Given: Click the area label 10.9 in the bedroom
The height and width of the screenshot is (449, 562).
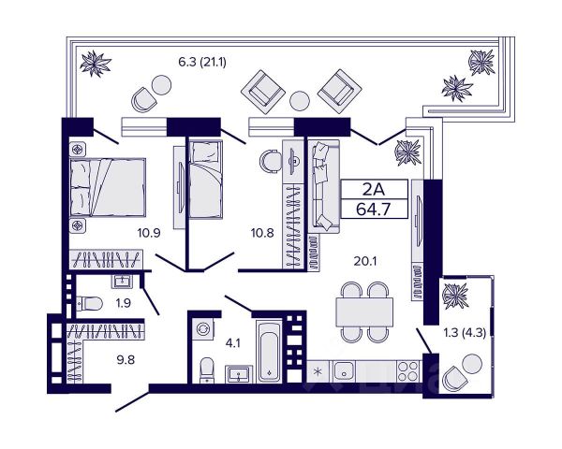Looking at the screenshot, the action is [149, 233].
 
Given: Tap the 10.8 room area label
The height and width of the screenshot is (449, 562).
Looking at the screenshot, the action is [262, 233].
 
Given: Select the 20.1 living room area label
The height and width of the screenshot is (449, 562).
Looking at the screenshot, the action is [365, 261].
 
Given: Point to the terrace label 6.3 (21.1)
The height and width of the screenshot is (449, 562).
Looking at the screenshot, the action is [202, 63].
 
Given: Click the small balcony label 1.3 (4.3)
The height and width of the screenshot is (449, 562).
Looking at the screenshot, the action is [465, 333].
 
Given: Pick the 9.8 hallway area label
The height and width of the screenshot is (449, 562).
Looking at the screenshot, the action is [126, 359].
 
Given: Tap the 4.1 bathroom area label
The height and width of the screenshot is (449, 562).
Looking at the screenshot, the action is [233, 343].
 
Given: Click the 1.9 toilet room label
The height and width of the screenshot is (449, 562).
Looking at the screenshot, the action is [123, 303].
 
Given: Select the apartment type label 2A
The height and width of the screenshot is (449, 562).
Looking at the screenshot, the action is [374, 189].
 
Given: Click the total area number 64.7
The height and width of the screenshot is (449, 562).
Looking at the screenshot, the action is [373, 210].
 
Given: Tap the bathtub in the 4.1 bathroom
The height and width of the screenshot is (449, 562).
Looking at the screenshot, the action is [269, 353].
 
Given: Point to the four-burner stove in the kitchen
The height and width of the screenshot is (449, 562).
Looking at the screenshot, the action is [408, 371].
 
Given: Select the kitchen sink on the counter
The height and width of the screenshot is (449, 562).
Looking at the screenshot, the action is [345, 371].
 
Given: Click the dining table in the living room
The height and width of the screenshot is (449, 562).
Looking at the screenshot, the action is [364, 311].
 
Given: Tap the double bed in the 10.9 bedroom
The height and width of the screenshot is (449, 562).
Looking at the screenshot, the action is [108, 187].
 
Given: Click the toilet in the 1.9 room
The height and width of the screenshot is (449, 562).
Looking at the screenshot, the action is [90, 304].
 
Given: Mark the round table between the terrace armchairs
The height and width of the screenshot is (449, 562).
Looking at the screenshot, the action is [300, 101].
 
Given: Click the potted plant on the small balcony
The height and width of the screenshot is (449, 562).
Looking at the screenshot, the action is [455, 296].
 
